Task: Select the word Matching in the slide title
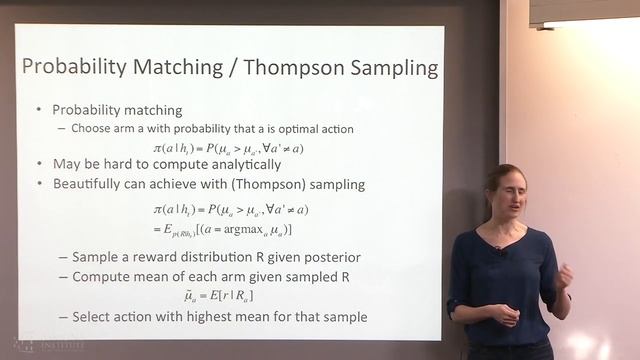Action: click(x=188, y=69)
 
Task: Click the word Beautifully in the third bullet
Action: click(x=95, y=184)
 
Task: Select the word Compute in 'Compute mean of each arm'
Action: click(x=103, y=276)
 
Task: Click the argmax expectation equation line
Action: click(x=228, y=230)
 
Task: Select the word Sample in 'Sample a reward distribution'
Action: click(x=99, y=256)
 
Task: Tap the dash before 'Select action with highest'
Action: click(x=62, y=317)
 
